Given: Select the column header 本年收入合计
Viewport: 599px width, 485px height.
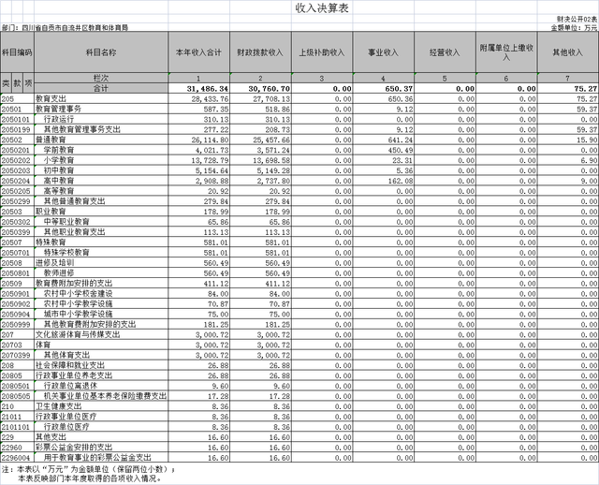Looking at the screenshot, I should [197, 52].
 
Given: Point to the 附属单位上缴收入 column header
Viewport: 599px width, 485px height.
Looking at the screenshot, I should [506, 52].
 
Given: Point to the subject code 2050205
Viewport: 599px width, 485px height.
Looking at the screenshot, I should [17, 190].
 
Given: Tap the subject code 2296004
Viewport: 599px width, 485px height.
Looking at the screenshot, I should [17, 458].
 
